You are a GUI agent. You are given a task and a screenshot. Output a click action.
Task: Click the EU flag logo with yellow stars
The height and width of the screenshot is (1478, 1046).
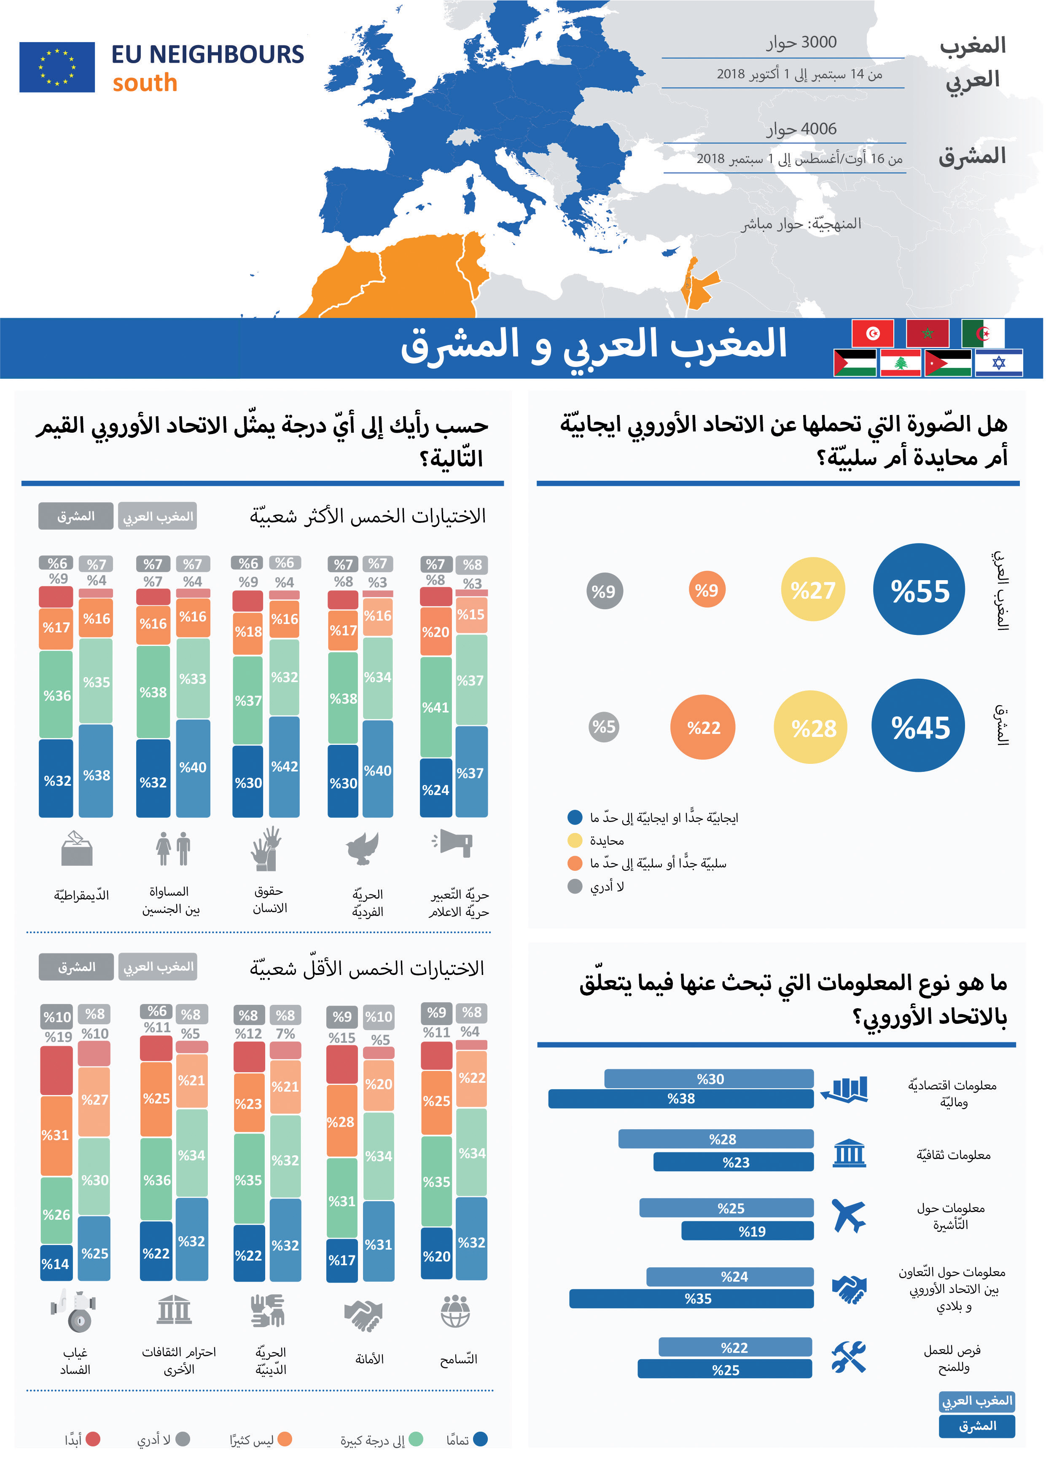tap(56, 67)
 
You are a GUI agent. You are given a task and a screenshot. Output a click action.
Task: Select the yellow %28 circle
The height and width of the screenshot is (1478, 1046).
tap(813, 727)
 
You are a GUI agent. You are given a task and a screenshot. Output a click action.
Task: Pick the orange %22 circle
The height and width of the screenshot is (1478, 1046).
tap(703, 727)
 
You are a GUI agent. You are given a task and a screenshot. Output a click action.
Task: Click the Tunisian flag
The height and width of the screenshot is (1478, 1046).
tap(872, 333)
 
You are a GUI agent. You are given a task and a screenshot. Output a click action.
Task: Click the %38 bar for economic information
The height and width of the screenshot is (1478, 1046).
tap(681, 1099)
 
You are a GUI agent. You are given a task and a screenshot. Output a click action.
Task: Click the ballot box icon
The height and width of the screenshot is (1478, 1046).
tap(77, 848)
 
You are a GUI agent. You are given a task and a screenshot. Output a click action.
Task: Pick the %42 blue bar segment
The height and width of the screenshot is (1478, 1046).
tap(284, 766)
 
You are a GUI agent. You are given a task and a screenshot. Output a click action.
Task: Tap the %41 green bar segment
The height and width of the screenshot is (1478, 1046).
tap(436, 707)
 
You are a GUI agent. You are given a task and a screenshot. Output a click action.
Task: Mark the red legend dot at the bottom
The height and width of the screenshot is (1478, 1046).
tap(94, 1439)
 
